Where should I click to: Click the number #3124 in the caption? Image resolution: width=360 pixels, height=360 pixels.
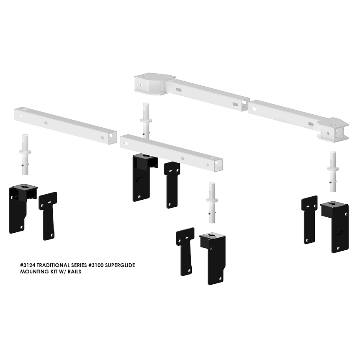click(x=28, y=265)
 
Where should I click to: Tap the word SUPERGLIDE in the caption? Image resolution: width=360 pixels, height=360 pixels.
click(x=120, y=265)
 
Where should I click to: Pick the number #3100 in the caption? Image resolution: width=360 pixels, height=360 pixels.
click(x=96, y=265)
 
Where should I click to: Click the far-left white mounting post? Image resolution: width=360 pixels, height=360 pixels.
click(x=25, y=154)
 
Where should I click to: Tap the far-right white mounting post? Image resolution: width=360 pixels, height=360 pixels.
click(x=333, y=171)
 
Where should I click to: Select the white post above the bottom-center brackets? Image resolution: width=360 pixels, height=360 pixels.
click(x=212, y=203)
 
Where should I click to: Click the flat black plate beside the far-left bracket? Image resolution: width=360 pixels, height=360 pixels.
click(x=48, y=216)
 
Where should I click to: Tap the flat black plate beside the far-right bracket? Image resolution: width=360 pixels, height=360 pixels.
click(x=309, y=220)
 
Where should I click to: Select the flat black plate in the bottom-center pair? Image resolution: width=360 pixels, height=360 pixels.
click(x=185, y=252)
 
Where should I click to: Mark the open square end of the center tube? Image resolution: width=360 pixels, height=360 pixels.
click(x=219, y=165)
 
